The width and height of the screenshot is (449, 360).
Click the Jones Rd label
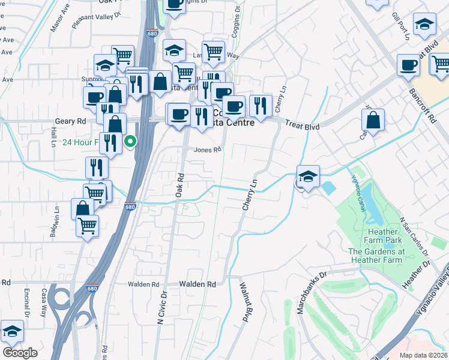(203, 150)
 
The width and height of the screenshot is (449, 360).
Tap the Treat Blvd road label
(301, 126)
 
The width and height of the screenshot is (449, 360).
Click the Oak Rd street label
(179, 186)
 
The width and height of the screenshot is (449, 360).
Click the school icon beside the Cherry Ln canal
(308, 176)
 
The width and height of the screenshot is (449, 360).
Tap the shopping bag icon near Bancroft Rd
(373, 120)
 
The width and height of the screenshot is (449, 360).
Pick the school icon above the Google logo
(11, 331)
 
